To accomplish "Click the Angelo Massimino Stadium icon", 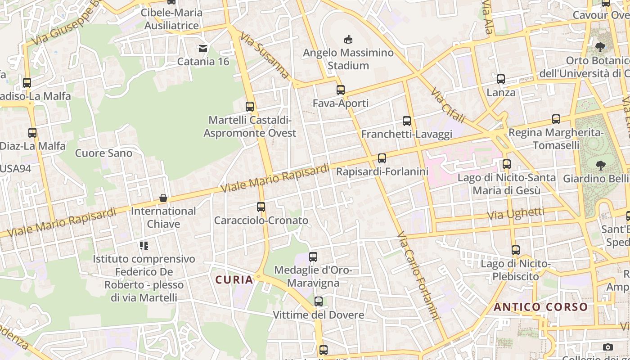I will [348, 40].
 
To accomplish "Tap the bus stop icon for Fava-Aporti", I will [341, 90].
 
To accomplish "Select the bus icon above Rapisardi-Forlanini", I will [382, 158].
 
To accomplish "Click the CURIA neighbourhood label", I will [234, 280].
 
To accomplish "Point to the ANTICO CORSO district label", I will [541, 307].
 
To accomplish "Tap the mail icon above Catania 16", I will [203, 48].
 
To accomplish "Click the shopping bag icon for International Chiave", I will [163, 198].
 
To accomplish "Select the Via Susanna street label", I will [265, 55].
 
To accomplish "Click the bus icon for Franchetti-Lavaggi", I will [407, 121].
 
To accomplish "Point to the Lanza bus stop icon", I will [501, 80].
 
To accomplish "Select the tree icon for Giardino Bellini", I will [600, 166].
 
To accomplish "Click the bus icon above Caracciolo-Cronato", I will [261, 207].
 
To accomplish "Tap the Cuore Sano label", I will [104, 153].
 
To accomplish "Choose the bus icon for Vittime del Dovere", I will [319, 301].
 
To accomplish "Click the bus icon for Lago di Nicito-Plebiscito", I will [516, 250].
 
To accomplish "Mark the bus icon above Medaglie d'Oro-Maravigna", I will [313, 257].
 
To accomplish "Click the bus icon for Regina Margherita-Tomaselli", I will [556, 120].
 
